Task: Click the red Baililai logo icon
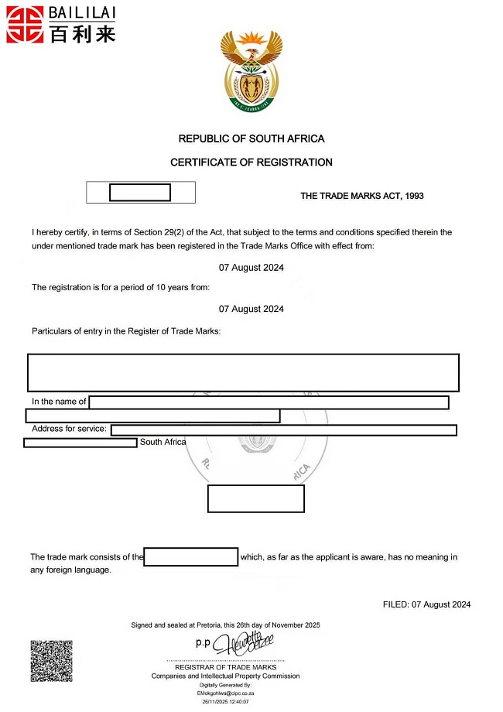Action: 25,24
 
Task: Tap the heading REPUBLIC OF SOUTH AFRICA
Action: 251,139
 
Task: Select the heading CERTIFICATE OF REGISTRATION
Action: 251,163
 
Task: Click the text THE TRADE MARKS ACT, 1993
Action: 361,196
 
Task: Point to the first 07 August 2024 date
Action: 251,268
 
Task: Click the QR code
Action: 51,660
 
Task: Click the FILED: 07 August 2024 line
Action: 426,604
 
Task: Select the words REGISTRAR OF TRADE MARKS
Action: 225,667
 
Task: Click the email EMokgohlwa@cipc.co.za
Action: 226,693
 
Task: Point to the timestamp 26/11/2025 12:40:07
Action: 226,702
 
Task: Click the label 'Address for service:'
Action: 70,429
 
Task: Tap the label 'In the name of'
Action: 59,402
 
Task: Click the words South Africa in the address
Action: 163,442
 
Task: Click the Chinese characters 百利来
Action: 81,34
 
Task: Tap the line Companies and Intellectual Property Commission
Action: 225,676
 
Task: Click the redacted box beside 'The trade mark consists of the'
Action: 190,557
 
